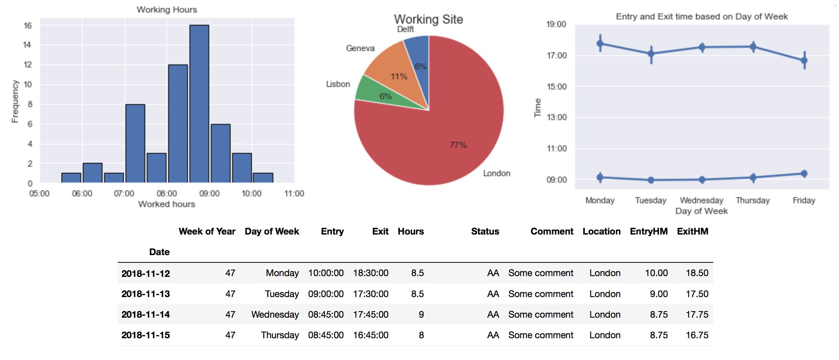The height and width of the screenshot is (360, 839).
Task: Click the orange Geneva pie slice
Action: point(393,69)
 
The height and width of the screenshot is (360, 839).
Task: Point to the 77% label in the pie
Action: point(458,145)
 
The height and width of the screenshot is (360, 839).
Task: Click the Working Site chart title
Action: point(428,19)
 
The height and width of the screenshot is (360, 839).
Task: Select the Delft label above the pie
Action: point(405,29)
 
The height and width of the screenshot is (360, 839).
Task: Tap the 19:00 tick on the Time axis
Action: point(556,24)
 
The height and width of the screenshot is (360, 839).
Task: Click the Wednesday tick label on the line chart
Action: point(701,200)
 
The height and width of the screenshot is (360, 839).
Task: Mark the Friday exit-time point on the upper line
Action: point(804,60)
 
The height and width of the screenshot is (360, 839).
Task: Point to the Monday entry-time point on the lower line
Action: point(600,177)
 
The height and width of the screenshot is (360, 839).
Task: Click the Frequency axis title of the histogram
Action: point(15,101)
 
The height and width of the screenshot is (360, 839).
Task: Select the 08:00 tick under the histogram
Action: point(167,193)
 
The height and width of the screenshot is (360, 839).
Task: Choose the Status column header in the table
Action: point(485,231)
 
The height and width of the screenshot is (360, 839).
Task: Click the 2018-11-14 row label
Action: point(146,315)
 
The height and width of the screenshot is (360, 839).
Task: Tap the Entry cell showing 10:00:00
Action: point(326,273)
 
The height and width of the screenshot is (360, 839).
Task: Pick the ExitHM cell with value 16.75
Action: point(697,335)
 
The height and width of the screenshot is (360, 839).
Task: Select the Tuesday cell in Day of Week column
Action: point(282,294)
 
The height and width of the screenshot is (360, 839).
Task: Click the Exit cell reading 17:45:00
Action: point(371,315)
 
